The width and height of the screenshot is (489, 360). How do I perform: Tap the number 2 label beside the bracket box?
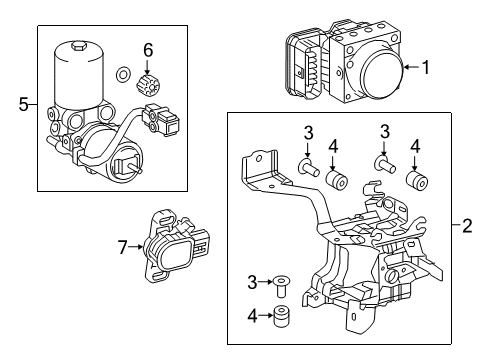tap(466, 227)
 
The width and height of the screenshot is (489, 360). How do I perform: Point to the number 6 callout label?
tap(147, 49)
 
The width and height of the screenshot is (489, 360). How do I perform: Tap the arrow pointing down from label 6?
tap(147, 63)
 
